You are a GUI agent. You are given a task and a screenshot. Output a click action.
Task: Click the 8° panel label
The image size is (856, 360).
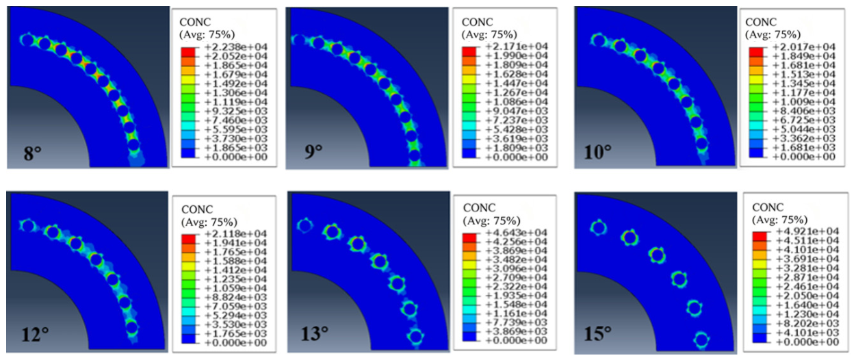point(32,153)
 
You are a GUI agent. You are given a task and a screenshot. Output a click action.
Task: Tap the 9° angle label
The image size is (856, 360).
point(313,152)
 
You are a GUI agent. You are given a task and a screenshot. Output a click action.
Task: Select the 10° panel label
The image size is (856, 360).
point(597,152)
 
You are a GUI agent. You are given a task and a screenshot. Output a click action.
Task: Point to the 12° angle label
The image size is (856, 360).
point(35,335)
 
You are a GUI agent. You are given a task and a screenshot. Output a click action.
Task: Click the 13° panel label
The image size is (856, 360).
point(315,334)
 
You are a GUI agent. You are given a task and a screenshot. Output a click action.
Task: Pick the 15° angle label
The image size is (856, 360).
point(597,334)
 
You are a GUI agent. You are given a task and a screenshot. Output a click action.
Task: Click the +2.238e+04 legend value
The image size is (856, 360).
point(236,47)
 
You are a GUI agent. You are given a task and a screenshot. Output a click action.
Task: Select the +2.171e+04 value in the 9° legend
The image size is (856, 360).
point(517,47)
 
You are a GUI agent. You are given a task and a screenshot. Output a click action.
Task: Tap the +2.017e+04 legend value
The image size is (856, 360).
point(803,47)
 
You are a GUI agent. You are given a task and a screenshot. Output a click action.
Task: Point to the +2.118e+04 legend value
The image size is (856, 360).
point(235,233)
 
